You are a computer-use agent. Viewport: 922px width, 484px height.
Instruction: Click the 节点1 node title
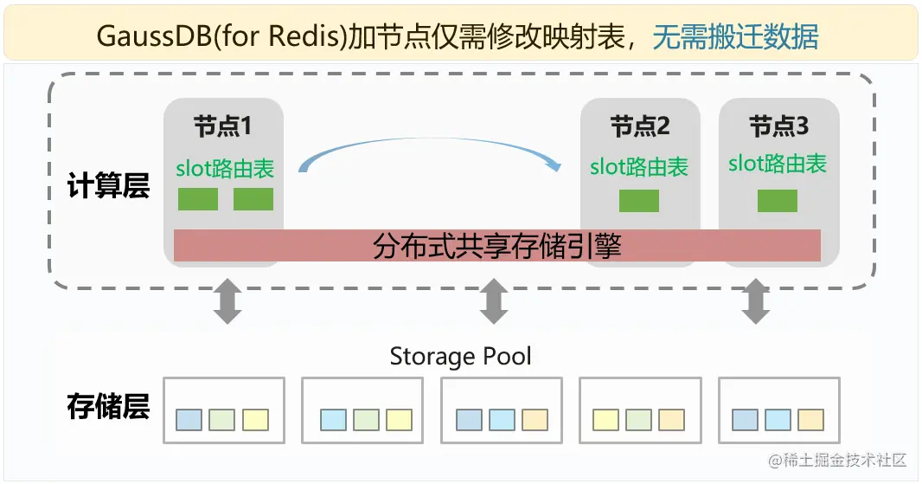point(222,127)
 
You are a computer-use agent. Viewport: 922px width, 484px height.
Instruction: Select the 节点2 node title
point(640,127)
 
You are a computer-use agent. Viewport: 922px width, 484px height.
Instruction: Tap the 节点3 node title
point(778,127)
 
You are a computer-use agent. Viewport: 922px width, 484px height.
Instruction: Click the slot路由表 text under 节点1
point(225,168)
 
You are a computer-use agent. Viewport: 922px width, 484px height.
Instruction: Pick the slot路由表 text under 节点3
point(778,164)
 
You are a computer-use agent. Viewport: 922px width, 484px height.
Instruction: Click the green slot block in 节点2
point(639,201)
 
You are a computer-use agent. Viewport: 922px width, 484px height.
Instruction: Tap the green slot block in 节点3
point(778,201)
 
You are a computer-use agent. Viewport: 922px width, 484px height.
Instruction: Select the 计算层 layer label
point(108,186)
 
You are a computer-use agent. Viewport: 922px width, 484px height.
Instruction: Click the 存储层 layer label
point(108,406)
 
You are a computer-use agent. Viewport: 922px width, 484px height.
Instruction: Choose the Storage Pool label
point(460,356)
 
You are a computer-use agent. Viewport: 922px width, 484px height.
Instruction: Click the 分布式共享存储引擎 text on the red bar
point(497,246)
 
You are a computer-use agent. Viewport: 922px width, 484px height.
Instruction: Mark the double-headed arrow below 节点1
point(227,301)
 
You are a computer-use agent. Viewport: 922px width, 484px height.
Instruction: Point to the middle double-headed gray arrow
point(493,301)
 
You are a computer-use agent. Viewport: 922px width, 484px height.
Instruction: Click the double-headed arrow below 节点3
point(756,301)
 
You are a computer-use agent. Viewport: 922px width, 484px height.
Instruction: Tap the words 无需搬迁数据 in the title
point(735,36)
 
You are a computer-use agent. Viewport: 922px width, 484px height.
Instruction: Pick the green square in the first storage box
point(221,420)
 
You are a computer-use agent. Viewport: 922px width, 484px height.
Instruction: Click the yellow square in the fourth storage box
point(605,420)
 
